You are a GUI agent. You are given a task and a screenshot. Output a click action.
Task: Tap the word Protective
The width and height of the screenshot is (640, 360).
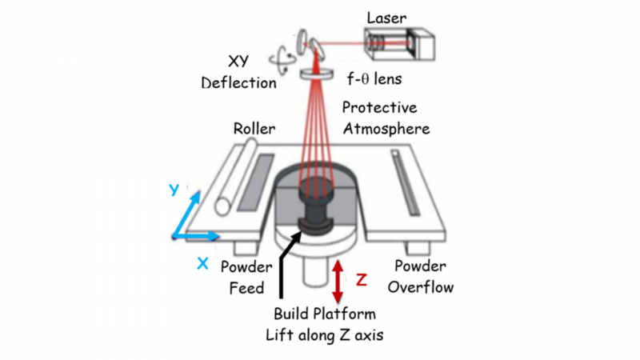coord(378,107)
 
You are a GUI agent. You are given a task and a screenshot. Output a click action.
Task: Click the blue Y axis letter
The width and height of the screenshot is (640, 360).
coord(174,189)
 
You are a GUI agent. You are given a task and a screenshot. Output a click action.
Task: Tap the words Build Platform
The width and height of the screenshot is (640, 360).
coord(324,314)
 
